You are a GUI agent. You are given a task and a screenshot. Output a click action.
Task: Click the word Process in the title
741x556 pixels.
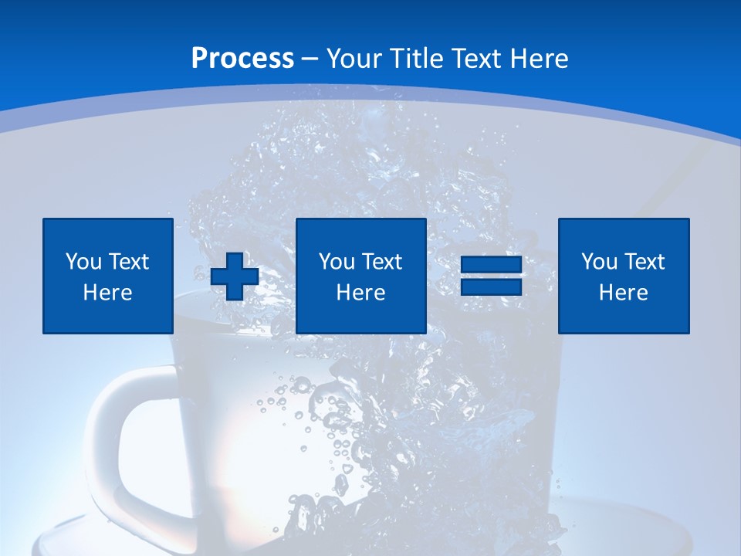click(242, 59)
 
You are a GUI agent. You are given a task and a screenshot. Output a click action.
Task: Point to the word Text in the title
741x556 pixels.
click(482, 59)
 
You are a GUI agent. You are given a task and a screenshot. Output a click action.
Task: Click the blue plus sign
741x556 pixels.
click(235, 276)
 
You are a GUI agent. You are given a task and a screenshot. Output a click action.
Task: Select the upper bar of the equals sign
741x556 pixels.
click(491, 265)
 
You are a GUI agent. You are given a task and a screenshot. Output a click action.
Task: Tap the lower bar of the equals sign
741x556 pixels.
click(491, 286)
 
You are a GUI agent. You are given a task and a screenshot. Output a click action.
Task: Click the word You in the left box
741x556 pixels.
click(83, 262)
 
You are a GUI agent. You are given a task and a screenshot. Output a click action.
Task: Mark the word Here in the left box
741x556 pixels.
click(107, 293)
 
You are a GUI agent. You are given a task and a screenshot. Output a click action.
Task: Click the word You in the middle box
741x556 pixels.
click(337, 262)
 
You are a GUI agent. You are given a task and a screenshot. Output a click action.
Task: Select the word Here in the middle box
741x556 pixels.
click(360, 293)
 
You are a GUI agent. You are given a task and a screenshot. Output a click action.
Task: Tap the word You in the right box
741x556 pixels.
click(599, 262)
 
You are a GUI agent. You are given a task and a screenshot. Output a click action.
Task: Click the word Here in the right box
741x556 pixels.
click(623, 293)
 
